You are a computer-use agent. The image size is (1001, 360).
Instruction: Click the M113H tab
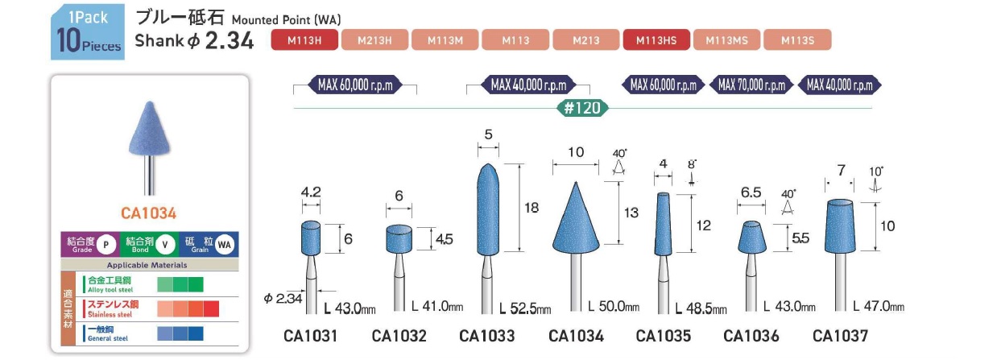(x=305, y=39)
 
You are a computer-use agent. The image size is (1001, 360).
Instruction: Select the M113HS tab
(x=656, y=39)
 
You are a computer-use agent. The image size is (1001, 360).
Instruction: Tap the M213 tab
(x=586, y=39)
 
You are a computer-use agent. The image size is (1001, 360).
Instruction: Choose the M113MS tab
(x=726, y=39)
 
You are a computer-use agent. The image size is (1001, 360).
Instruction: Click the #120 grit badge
(x=581, y=108)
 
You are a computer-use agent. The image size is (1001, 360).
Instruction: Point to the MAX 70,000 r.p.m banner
(x=751, y=85)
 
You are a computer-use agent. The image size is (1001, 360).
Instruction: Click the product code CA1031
(x=310, y=335)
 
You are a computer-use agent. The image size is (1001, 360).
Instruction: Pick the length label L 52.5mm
(x=525, y=309)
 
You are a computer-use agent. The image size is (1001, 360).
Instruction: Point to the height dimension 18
(x=531, y=208)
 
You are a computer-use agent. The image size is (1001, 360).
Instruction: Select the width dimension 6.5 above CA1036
(x=750, y=193)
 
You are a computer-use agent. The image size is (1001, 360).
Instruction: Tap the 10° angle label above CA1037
(x=876, y=172)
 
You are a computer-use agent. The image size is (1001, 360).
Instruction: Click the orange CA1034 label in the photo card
(x=148, y=213)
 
